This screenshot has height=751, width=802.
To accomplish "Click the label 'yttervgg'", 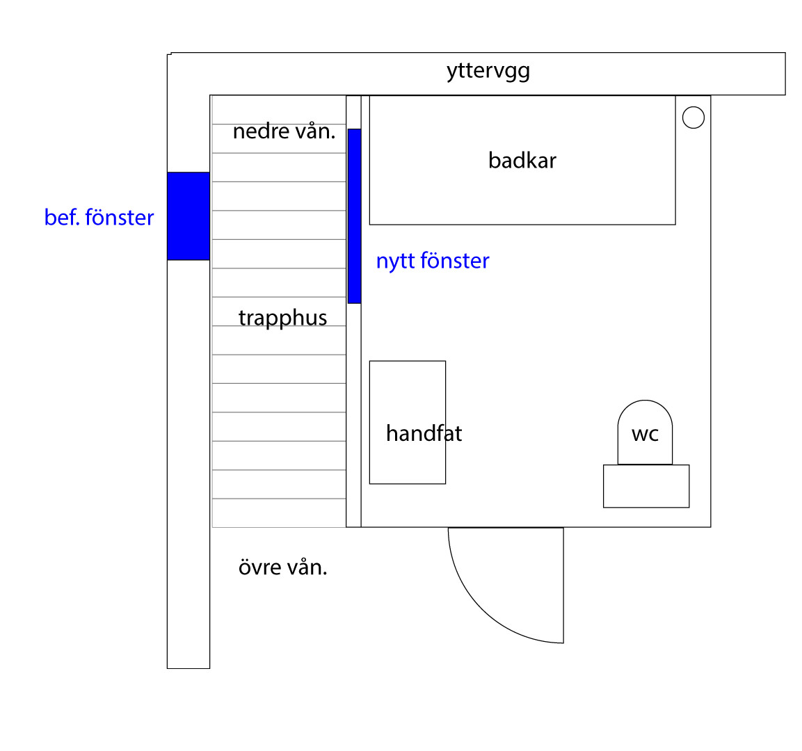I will pyautogui.click(x=488, y=71).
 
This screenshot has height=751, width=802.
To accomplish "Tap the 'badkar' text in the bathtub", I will pyautogui.click(x=522, y=161).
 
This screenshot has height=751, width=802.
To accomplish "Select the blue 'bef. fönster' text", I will pyautogui.click(x=99, y=218).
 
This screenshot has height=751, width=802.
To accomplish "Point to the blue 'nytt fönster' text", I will pyautogui.click(x=433, y=261).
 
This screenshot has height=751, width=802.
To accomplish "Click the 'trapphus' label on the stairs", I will pyautogui.click(x=282, y=318).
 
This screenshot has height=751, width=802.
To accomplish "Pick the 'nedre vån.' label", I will pyautogui.click(x=284, y=131).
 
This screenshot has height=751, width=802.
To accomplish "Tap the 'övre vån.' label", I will pyautogui.click(x=282, y=567).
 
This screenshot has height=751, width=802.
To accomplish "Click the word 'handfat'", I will pyautogui.click(x=424, y=434).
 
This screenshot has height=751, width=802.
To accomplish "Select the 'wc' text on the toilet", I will pyautogui.click(x=645, y=435).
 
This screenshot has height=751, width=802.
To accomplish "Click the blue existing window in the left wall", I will pyautogui.click(x=188, y=216).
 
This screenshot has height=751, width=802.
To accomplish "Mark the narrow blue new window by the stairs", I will pyautogui.click(x=354, y=216).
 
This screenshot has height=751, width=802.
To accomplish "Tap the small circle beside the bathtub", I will pyautogui.click(x=693, y=118).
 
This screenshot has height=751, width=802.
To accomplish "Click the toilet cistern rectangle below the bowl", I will pyautogui.click(x=646, y=486).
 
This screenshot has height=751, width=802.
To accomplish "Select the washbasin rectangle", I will pyautogui.click(x=407, y=389).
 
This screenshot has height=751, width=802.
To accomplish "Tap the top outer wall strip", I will pyautogui.click(x=626, y=74).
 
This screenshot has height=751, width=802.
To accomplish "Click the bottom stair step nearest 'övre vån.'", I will pyautogui.click(x=279, y=513).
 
